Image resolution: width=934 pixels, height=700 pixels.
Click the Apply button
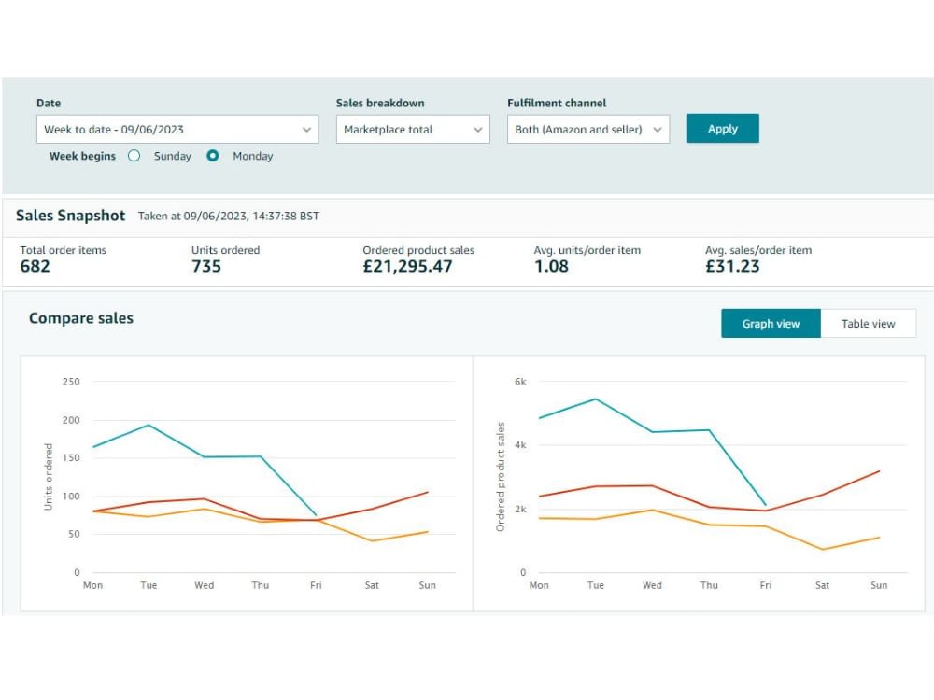point(723,129)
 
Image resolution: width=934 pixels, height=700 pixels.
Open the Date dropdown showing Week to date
point(177,129)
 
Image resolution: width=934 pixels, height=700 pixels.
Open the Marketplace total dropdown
point(413,129)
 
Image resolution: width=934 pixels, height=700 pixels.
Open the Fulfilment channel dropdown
point(587,129)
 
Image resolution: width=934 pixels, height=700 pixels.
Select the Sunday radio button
point(134,156)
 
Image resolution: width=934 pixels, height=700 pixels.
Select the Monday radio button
point(213,156)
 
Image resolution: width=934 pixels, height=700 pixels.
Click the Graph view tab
point(771,323)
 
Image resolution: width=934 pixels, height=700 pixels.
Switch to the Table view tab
point(868,323)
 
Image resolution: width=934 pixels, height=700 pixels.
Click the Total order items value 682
point(35,266)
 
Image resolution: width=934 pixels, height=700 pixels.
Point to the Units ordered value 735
point(206,266)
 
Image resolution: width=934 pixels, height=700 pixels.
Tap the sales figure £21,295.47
point(407,266)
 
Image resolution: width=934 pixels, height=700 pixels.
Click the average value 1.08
point(551,266)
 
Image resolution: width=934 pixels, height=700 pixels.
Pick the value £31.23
point(732,266)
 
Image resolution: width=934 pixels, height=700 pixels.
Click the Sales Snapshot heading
point(70,216)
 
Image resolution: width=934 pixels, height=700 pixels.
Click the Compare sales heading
point(81,318)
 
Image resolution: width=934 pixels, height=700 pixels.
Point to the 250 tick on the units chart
point(71,382)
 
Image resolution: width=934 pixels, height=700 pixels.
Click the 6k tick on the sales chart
point(520,382)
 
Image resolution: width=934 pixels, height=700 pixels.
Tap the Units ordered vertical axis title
point(49,477)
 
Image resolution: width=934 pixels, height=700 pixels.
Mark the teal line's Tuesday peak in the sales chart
point(596,399)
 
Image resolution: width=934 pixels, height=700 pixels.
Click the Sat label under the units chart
point(372,585)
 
